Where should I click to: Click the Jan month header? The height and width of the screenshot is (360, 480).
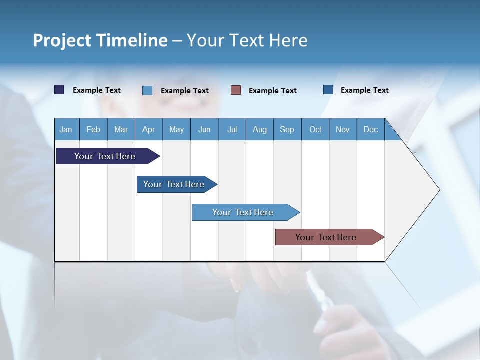point(66,129)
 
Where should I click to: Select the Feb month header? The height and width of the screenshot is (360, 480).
point(93,129)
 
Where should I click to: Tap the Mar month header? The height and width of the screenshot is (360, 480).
point(121,129)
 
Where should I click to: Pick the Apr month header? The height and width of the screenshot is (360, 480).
point(149,129)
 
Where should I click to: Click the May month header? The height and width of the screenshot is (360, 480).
point(176,129)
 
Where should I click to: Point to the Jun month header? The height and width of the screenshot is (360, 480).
point(204,129)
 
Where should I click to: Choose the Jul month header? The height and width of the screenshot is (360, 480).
point(232,129)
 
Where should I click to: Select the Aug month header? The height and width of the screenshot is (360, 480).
point(260,129)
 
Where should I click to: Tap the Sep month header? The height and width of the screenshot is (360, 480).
point(287,129)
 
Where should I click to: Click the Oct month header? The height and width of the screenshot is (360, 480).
point(315,129)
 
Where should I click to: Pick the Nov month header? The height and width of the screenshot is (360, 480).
point(343,129)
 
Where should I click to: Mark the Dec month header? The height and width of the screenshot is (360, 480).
point(371,129)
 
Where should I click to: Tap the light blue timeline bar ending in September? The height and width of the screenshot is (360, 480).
point(243,212)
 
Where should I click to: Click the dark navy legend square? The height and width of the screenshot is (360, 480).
point(59,90)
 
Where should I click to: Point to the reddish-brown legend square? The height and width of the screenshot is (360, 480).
point(236,90)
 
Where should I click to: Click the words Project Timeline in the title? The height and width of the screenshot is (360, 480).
point(100,40)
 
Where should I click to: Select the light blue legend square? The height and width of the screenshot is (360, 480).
point(147,90)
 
